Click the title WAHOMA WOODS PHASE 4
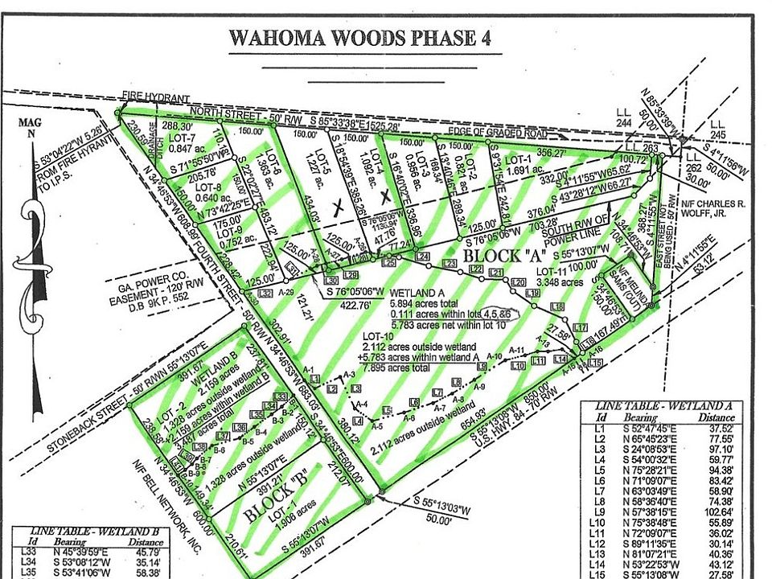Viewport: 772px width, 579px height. [x=359, y=38]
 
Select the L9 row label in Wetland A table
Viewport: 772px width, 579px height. [x=598, y=511]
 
